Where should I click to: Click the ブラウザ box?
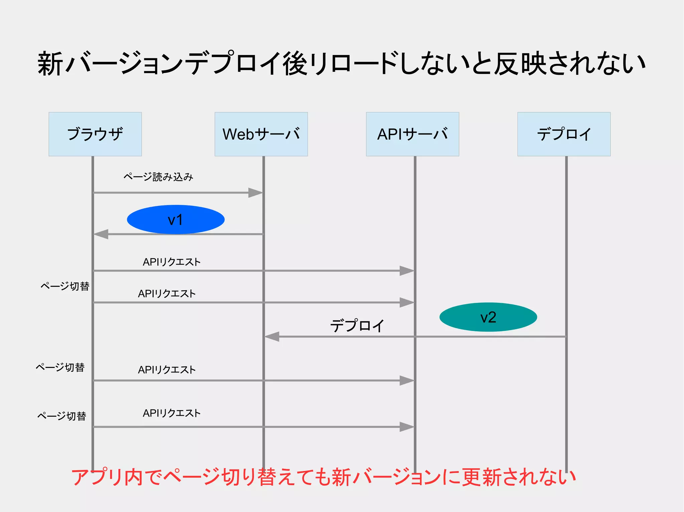95,134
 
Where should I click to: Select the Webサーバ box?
261,134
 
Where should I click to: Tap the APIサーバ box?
412,134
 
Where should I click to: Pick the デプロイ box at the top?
564,134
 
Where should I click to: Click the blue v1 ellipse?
176,219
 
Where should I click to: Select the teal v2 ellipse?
488,317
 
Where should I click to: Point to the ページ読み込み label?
158,176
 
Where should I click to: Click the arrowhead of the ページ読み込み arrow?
256,193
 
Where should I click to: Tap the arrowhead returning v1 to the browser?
101,234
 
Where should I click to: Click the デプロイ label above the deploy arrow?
357,326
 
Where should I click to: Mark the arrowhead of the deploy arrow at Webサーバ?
272,337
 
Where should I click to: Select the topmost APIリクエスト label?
172,262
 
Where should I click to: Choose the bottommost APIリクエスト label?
172,413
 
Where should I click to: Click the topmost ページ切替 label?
65,286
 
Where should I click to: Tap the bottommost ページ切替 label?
62,416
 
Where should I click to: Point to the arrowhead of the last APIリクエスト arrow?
407,427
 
